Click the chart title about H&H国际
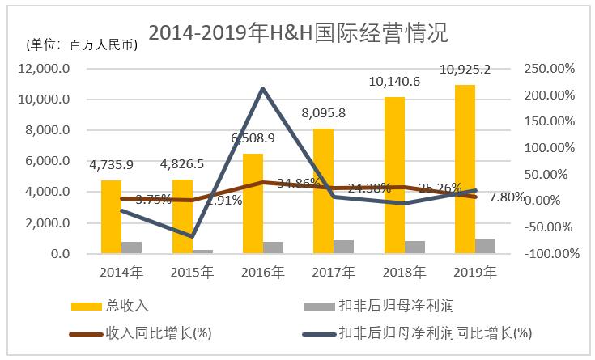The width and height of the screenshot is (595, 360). pyautogui.click(x=297, y=33)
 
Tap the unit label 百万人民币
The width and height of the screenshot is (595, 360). pyautogui.click(x=81, y=44)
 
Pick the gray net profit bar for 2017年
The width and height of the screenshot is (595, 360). pyautogui.click(x=343, y=247)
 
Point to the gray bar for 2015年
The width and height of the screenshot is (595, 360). pyautogui.click(x=202, y=252)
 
